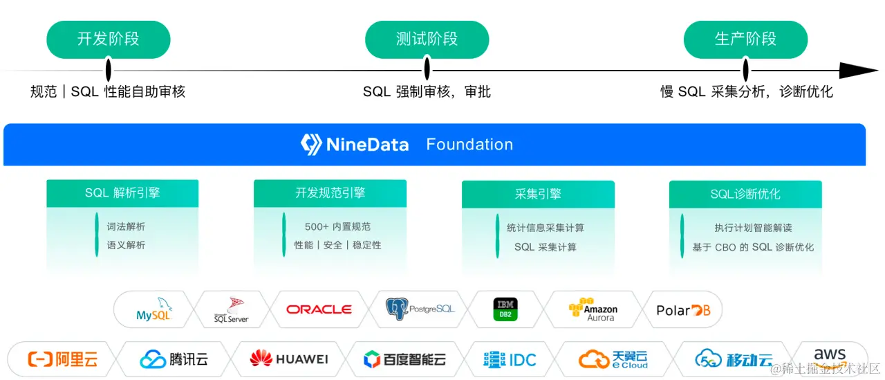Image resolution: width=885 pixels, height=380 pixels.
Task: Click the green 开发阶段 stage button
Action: [x=108, y=39]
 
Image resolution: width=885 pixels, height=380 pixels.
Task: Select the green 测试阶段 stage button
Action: [x=427, y=39]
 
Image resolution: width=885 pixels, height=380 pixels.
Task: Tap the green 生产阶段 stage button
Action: [x=745, y=39]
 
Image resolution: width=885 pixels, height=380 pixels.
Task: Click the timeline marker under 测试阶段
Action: [x=427, y=69]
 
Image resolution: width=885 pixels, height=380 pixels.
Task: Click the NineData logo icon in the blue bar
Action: [x=311, y=144]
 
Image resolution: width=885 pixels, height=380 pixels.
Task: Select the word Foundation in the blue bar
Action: [x=469, y=145]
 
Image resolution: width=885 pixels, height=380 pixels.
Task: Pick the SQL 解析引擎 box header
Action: [x=122, y=193]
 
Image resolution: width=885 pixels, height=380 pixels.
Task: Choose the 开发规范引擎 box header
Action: [x=330, y=193]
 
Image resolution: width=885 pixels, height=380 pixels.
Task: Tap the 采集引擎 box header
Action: [x=538, y=194]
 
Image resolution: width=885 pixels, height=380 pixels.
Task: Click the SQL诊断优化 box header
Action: [x=745, y=194]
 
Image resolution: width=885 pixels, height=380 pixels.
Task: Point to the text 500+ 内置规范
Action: [x=337, y=226]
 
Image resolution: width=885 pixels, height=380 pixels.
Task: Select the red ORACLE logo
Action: [x=319, y=309]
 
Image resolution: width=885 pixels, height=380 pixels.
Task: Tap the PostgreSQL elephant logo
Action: [x=397, y=309]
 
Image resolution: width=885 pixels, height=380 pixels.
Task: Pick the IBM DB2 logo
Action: [x=505, y=309]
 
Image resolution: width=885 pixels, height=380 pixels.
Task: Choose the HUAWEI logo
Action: [x=289, y=359]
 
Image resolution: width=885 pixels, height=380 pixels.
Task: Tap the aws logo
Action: [x=830, y=354]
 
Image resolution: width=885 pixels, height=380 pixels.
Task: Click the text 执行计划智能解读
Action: [x=753, y=228]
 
